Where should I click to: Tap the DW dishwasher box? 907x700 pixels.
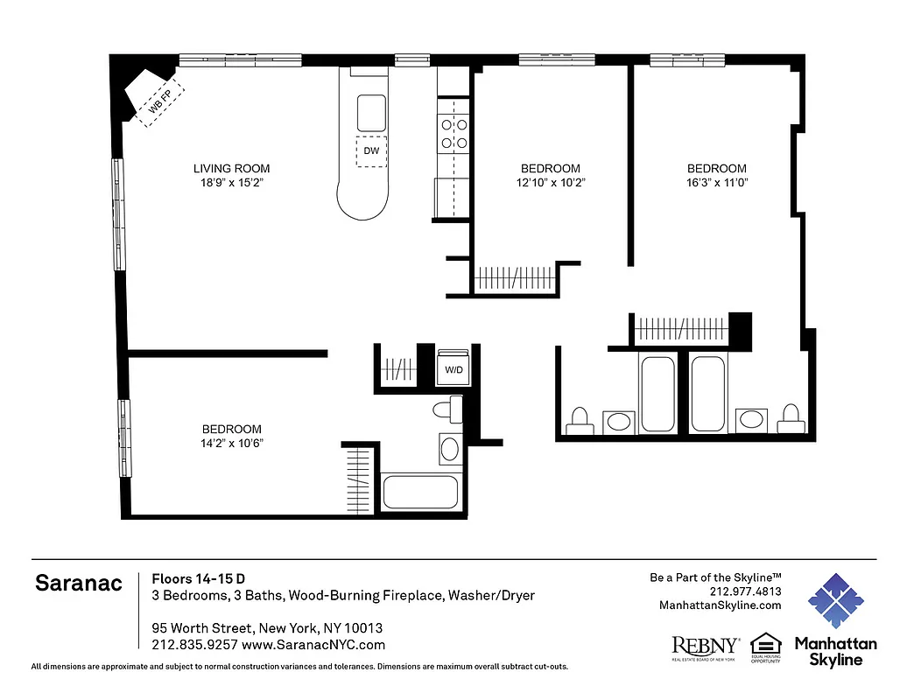(x=371, y=150)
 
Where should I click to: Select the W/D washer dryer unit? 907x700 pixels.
(x=454, y=369)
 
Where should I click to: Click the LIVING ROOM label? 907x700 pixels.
(x=231, y=169)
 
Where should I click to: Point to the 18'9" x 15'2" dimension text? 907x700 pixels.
(x=231, y=183)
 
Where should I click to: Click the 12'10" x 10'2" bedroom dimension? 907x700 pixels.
(x=551, y=183)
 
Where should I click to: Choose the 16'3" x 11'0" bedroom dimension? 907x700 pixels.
(x=716, y=183)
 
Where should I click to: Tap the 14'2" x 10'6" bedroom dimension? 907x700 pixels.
(x=231, y=443)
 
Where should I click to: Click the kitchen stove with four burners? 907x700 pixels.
(x=454, y=134)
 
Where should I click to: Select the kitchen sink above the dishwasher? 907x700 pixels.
(x=371, y=110)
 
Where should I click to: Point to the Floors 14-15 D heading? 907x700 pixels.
(x=198, y=578)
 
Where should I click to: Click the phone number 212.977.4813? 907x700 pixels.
(x=744, y=591)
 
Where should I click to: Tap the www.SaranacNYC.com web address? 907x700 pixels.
(x=313, y=645)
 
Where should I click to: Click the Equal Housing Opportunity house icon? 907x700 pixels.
(x=765, y=643)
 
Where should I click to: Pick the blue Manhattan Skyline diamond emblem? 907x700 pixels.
(x=835, y=601)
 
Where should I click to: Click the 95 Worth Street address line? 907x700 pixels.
(x=267, y=628)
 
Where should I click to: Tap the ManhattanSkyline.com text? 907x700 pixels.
(x=721, y=605)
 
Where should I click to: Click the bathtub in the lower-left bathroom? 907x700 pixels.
(x=420, y=492)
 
